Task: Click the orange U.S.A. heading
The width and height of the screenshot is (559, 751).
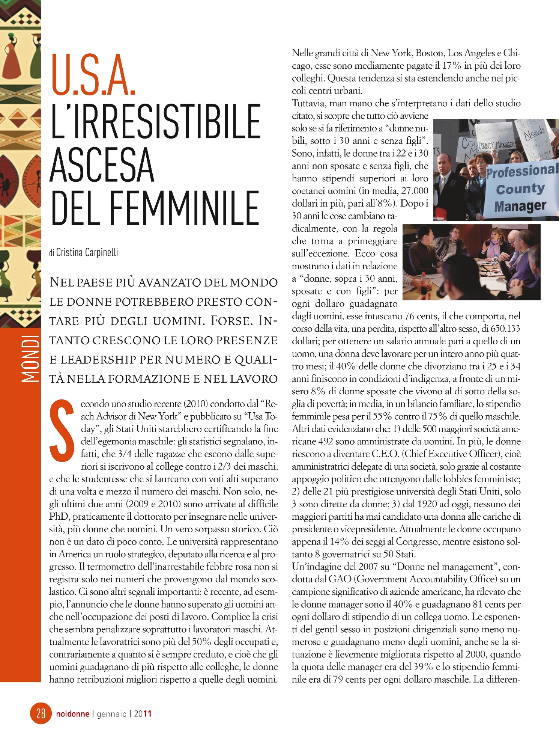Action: [x=93, y=75]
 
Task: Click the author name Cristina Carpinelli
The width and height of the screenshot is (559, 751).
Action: [x=87, y=252]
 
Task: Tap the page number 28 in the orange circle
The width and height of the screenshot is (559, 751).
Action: [x=41, y=713]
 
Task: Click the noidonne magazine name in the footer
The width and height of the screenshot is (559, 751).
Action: [x=72, y=714]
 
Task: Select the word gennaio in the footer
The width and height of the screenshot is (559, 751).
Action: [x=111, y=714]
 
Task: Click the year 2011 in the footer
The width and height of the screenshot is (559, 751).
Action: [x=143, y=714]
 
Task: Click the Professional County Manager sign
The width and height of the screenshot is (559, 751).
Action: [x=521, y=190]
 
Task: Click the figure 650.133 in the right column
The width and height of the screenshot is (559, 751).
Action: [x=505, y=329]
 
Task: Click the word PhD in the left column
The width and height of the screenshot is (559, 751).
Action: [x=59, y=517]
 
